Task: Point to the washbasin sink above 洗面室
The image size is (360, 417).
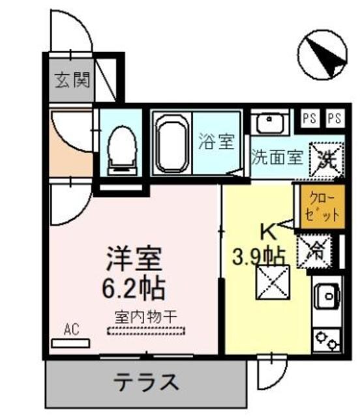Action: click(x=269, y=122)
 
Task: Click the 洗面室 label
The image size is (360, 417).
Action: click(x=277, y=158)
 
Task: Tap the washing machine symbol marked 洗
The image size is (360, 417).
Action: click(x=325, y=159)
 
